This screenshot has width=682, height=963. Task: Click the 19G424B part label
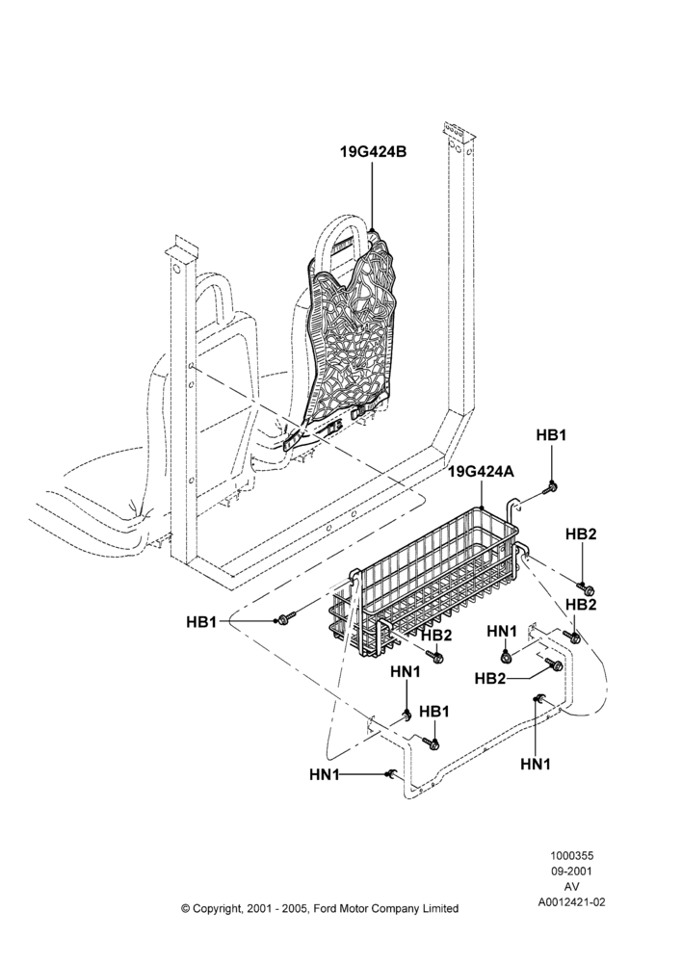point(373,152)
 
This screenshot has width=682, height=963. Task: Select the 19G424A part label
point(481,472)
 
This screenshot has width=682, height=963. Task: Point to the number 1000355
point(572,855)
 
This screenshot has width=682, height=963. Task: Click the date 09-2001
point(572,871)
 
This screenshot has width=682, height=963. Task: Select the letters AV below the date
point(572,887)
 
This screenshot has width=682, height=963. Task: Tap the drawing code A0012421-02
point(572,902)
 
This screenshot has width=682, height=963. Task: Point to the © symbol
point(186,909)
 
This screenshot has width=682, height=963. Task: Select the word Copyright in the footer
point(217,909)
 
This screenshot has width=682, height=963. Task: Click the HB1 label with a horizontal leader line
point(201,622)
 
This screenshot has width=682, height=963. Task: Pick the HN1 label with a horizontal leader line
point(325,775)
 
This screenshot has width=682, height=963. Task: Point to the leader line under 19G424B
point(373,195)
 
